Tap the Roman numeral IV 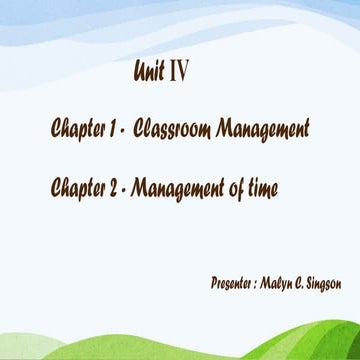coord(179,72)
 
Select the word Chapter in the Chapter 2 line coord(82,185)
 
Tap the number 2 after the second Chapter coord(122,185)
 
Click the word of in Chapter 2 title coord(238,185)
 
